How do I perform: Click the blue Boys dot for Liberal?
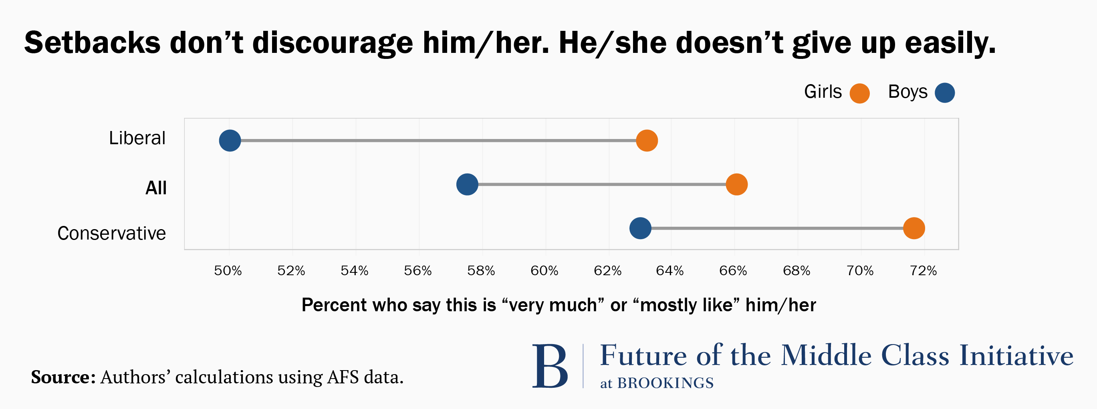(230, 141)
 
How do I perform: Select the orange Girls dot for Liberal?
(647, 141)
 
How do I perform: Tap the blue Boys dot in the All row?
(467, 184)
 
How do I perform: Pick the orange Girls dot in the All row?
(737, 184)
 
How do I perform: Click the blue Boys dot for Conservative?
(641, 228)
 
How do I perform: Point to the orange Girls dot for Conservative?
(914, 228)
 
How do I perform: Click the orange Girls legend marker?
(859, 93)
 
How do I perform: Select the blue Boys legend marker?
(944, 93)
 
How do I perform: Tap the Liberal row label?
(137, 138)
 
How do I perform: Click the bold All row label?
(156, 188)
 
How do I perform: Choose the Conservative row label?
(111, 233)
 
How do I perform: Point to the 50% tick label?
(228, 271)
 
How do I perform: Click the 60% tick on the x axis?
(544, 271)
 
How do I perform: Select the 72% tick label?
(923, 271)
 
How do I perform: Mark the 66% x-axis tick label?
(733, 271)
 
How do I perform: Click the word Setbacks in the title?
(92, 42)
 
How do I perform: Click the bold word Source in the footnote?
(63, 377)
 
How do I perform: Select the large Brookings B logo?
(550, 366)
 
